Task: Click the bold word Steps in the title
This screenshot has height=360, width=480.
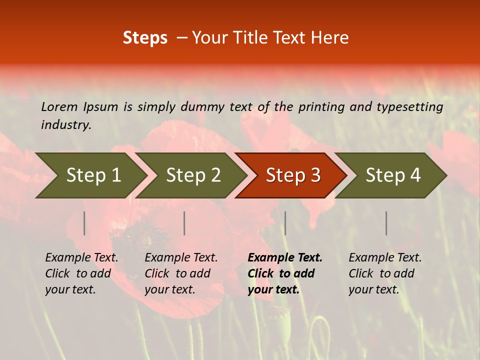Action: click(145, 38)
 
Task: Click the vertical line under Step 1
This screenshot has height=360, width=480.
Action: click(84, 223)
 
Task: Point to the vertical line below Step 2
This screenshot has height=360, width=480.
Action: click(184, 223)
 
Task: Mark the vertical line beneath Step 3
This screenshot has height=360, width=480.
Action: click(285, 223)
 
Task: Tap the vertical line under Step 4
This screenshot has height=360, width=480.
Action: click(386, 223)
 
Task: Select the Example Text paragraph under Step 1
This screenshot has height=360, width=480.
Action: click(81, 273)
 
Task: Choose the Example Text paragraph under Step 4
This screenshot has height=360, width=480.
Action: click(384, 273)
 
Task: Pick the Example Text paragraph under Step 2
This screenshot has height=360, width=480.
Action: click(180, 273)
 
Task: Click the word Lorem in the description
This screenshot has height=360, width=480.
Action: click(59, 106)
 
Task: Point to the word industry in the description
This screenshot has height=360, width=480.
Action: click(65, 125)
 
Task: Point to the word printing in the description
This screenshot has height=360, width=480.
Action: click(317, 106)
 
